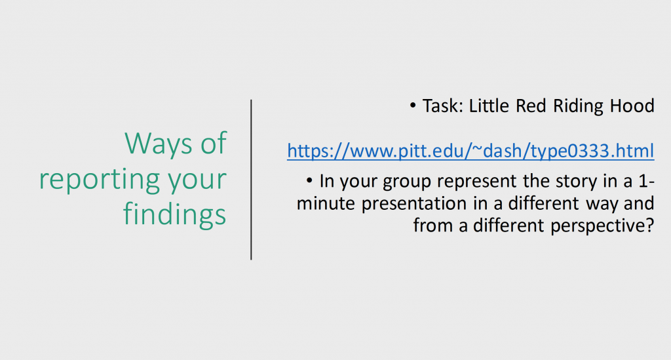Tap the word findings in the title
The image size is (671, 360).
click(x=174, y=214)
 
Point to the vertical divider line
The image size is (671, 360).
click(x=251, y=180)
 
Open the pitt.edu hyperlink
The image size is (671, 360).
click(x=470, y=151)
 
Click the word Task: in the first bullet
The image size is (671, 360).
click(x=444, y=106)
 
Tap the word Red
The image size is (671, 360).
click(x=531, y=106)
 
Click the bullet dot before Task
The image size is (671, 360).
click(x=413, y=106)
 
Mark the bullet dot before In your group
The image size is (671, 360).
click(x=309, y=180)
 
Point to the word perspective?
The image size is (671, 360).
click(x=603, y=226)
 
